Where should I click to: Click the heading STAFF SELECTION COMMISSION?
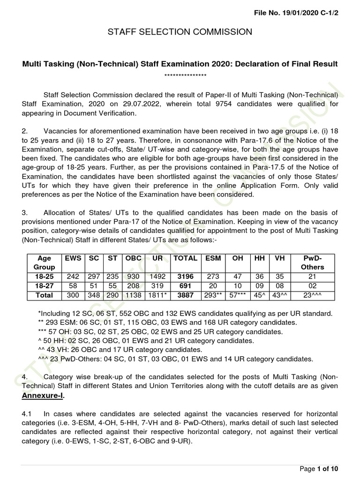click(180, 32)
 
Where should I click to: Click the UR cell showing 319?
click(158, 286)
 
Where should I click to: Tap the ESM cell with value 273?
click(213, 277)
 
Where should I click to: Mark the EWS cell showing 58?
click(73, 286)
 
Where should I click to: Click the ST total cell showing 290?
click(113, 295)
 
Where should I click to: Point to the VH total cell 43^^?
click(280, 295)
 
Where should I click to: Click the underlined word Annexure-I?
click(43, 395)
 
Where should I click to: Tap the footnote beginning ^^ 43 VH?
click(120, 350)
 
